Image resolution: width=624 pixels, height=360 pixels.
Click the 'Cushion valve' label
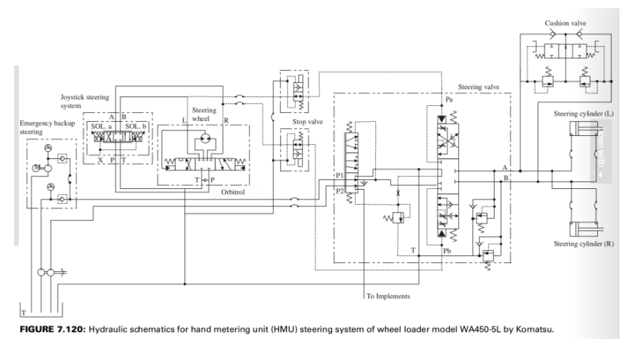click(x=566, y=23)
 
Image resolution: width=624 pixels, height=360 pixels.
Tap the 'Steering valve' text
click(x=479, y=87)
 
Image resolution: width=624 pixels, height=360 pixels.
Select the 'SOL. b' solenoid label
click(x=137, y=125)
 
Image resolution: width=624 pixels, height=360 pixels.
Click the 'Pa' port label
click(x=449, y=99)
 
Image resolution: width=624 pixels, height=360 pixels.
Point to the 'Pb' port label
click(x=447, y=252)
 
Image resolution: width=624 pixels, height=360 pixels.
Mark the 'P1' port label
click(x=341, y=176)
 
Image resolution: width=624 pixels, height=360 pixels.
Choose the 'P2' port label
click(x=341, y=190)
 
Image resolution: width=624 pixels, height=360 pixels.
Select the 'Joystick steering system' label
click(x=85, y=101)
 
